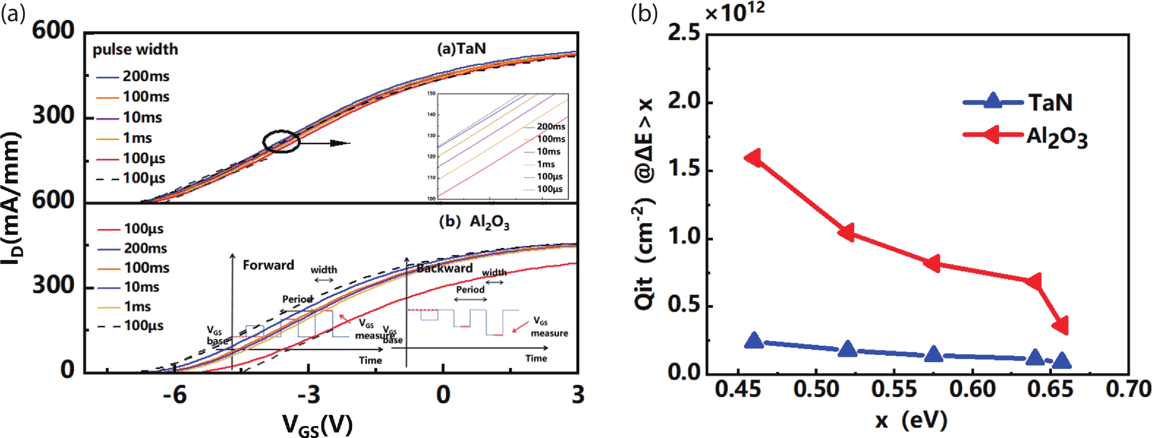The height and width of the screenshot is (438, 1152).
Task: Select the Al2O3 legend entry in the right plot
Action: click(1056, 137)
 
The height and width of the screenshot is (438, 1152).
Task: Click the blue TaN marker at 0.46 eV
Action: click(754, 341)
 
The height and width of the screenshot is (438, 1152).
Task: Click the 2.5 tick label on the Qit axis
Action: click(684, 33)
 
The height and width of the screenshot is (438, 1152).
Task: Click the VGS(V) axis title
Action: click(317, 424)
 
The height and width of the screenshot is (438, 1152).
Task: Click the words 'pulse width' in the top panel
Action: click(135, 49)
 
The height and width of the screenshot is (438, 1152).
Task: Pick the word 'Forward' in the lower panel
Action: click(268, 265)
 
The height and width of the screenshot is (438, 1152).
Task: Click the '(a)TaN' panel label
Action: click(461, 48)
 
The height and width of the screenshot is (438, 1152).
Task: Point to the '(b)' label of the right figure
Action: click(644, 14)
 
